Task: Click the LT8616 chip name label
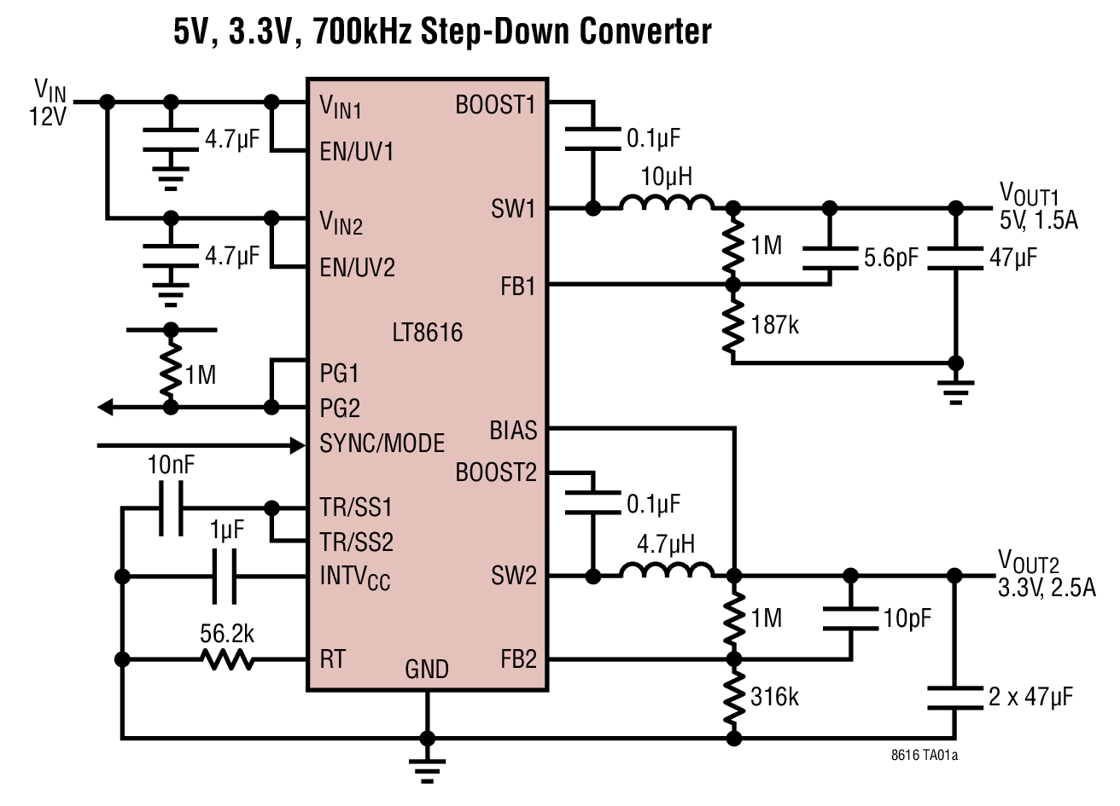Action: (x=427, y=332)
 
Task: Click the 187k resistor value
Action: (x=775, y=325)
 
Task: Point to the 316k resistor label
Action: (x=775, y=697)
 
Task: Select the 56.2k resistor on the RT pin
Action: (x=227, y=659)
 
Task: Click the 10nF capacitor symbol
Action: (x=171, y=508)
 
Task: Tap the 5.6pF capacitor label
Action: (x=890, y=258)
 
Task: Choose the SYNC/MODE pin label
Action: (x=382, y=444)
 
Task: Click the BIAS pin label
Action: (x=513, y=430)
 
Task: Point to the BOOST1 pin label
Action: (x=495, y=105)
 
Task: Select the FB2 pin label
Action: (x=518, y=659)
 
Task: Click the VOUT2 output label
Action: (x=1029, y=563)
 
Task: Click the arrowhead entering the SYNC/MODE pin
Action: (x=297, y=444)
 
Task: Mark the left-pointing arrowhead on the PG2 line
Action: (x=106, y=408)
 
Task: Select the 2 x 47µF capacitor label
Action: (x=1030, y=697)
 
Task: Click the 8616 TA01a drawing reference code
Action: (x=924, y=756)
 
